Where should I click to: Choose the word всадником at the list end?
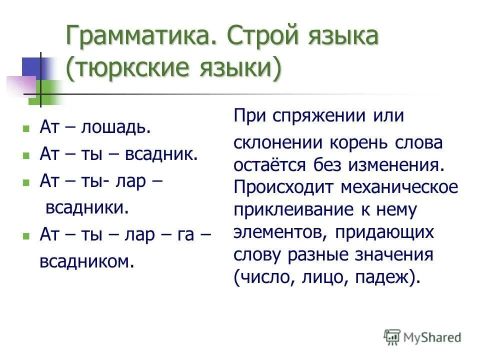[x=87, y=261]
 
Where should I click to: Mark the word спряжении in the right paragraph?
[x=316, y=116]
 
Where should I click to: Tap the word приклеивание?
[x=289, y=209]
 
